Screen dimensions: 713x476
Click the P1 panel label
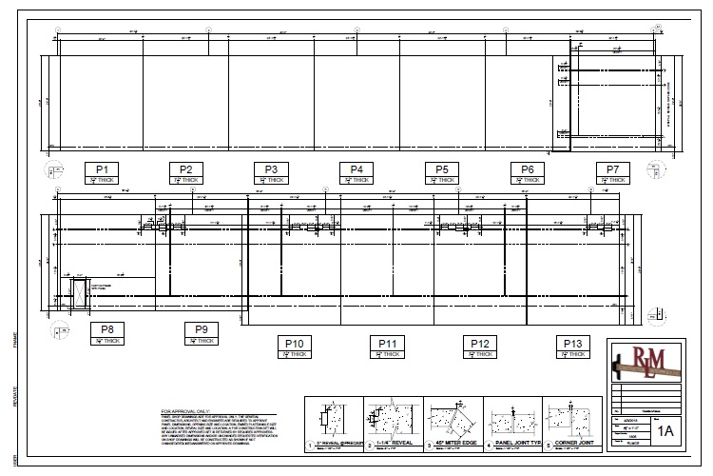[101, 169]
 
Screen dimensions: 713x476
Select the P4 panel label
[356, 169]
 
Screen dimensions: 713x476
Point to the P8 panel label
[107, 329]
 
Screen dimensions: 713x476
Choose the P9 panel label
[201, 329]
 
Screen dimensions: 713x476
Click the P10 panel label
[294, 344]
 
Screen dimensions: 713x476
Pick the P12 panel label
[480, 344]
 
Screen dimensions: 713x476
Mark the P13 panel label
[573, 344]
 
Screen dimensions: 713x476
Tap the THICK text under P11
[390, 354]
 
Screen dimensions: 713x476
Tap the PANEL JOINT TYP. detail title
[518, 443]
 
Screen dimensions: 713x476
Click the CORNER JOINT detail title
[577, 443]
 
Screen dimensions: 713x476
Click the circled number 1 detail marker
[310, 445]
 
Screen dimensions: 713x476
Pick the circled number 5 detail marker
[549, 445]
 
